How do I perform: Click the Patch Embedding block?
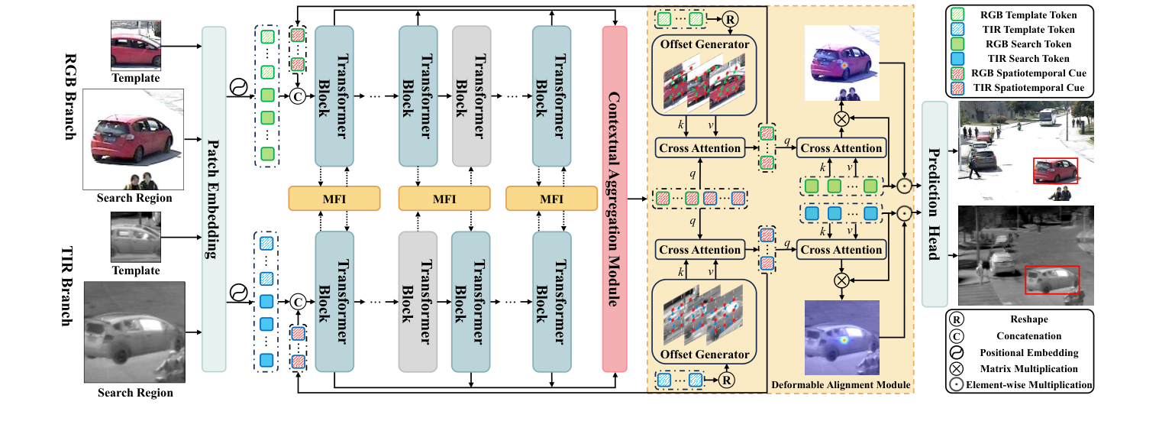click(x=214, y=199)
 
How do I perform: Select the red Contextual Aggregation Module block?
click(x=615, y=199)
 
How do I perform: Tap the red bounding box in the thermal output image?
click(x=1051, y=280)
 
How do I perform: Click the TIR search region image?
click(x=134, y=332)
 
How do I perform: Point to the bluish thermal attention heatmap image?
click(x=841, y=338)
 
